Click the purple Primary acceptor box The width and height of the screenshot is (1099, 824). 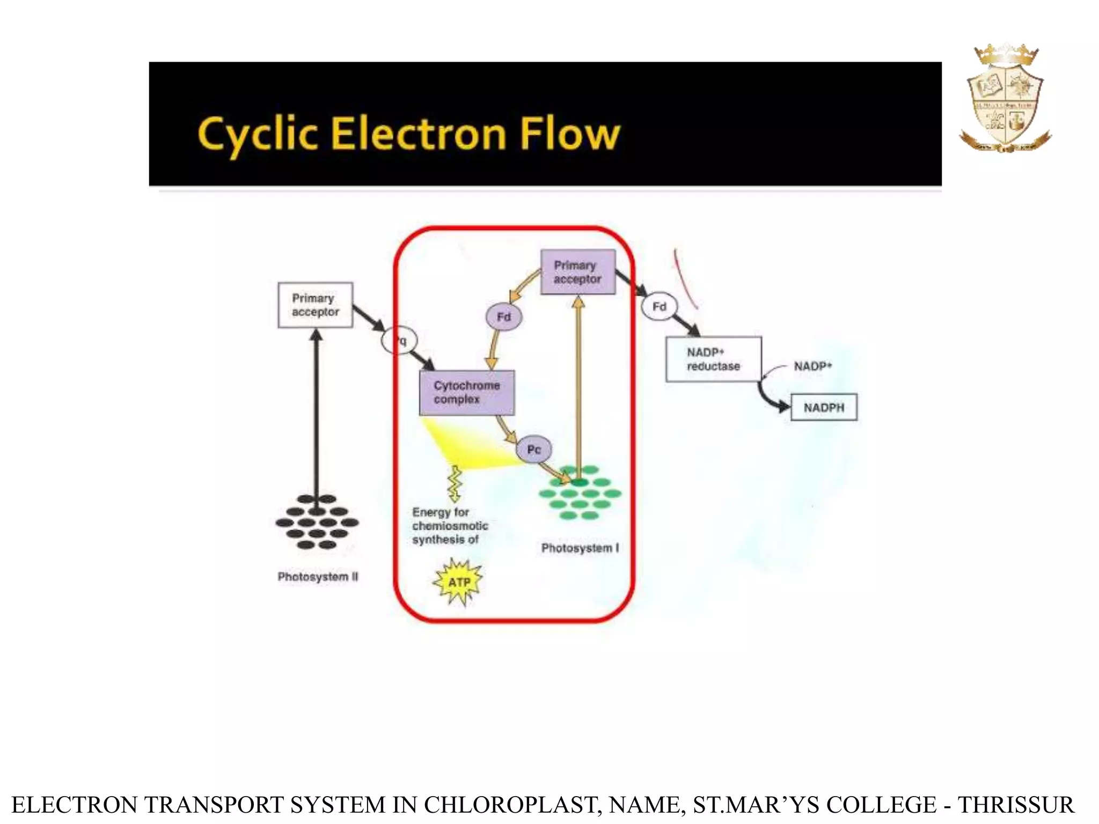[x=577, y=272]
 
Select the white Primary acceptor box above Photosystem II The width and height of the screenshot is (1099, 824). [x=315, y=305]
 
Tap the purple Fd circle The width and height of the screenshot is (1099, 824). [x=503, y=317]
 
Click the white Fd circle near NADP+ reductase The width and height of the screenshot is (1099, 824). [x=659, y=306]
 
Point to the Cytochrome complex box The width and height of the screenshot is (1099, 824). [x=466, y=392]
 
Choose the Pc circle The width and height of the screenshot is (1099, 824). [x=533, y=449]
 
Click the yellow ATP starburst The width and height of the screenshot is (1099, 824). [x=458, y=582]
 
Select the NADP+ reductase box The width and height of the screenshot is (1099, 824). [x=713, y=359]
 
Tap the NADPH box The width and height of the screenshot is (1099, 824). [x=824, y=408]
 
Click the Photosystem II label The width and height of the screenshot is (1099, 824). [x=318, y=577]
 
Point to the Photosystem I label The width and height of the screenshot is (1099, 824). [x=580, y=548]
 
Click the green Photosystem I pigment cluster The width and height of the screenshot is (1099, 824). [x=580, y=492]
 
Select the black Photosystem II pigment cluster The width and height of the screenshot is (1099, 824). [x=317, y=522]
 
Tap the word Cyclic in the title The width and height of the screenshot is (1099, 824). [x=257, y=134]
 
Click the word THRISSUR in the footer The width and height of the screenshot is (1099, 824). [x=1016, y=805]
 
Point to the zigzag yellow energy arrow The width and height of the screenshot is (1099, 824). [x=455, y=483]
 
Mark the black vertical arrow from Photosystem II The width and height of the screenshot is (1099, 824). [x=317, y=413]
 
